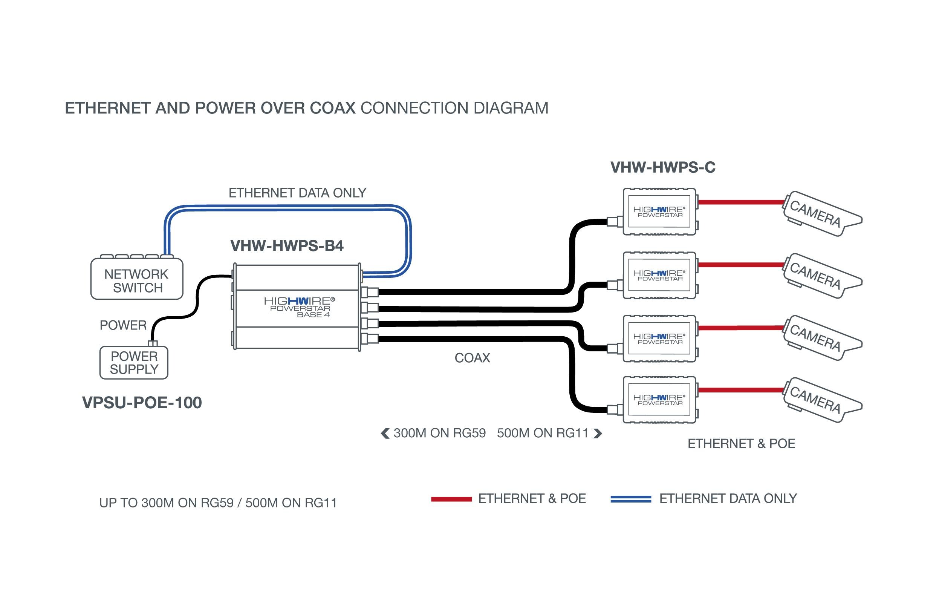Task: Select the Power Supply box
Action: [134, 362]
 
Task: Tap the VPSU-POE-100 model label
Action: [142, 403]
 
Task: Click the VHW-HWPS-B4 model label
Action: [287, 246]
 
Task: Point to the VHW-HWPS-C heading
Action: [663, 167]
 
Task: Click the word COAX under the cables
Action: [472, 358]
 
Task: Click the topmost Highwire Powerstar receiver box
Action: [659, 212]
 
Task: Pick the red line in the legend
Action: [451, 499]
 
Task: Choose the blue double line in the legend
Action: [631, 499]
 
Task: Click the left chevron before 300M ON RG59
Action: [385, 433]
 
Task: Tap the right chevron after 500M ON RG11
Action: [597, 433]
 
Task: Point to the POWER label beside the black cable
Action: [123, 325]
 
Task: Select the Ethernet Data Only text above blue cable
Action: [297, 193]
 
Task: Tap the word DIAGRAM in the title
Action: [511, 109]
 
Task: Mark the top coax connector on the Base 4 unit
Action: [370, 292]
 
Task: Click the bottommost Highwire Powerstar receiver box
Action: [659, 400]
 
